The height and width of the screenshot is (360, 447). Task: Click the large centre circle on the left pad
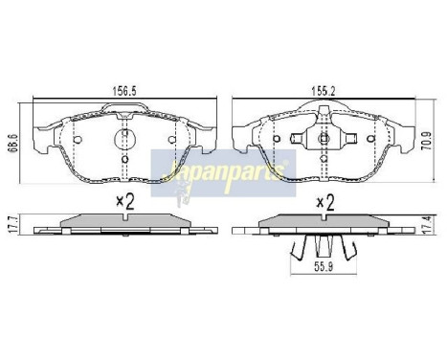point(125,140)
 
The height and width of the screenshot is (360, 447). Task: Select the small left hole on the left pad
point(78,141)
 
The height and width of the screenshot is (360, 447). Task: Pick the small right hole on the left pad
point(172,141)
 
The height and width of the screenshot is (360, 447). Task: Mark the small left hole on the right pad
point(275,140)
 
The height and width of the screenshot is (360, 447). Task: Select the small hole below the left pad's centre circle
point(125,158)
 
